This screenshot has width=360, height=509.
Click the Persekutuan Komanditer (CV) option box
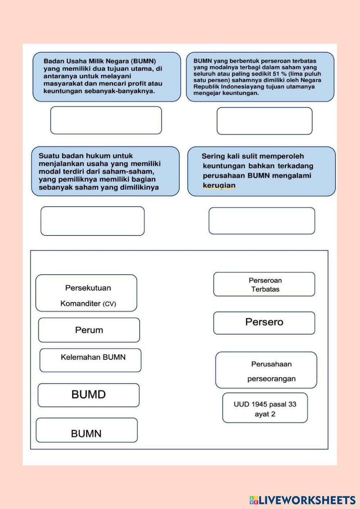coord(86,293)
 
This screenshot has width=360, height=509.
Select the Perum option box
coord(89,330)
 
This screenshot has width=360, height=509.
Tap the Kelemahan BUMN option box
coord(90,360)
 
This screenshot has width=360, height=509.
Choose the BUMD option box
coord(89,395)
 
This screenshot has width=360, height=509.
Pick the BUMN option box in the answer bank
coord(86,430)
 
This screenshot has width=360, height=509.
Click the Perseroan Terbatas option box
coord(264,284)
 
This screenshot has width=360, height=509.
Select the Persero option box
coord(264,323)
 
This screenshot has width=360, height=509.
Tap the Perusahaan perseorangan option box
coord(266,370)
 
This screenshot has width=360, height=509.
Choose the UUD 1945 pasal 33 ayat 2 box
coord(265,408)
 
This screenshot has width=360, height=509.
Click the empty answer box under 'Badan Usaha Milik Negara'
coord(106,120)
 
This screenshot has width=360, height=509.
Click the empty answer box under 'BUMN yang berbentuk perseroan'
coord(264,121)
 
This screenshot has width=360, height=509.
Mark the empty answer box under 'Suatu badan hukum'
coord(93,221)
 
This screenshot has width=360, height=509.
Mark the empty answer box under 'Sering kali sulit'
coord(262,221)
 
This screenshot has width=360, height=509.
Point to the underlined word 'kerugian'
coord(219,185)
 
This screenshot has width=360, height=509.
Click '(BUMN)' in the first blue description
coord(143,61)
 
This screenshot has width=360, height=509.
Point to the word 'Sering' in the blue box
coord(213,156)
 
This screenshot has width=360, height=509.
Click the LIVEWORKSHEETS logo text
coord(307,500)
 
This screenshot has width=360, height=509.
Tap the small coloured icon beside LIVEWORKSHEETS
coord(254,500)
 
